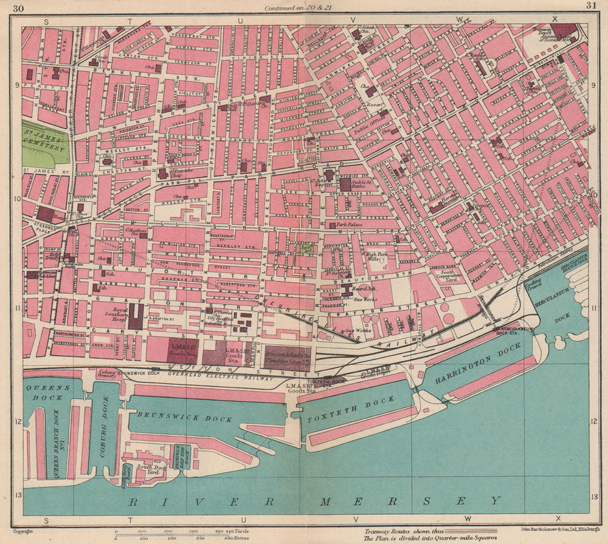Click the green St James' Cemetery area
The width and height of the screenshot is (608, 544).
pyautogui.click(x=45, y=143)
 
